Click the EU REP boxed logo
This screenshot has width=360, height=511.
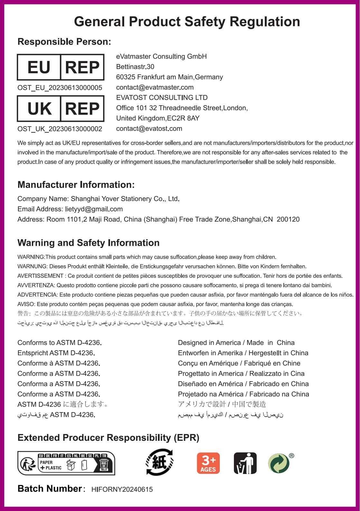pos(60,67)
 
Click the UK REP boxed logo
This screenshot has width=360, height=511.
pos(60,109)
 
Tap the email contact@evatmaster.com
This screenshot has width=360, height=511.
pos(155,87)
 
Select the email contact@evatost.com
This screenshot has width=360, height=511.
pos(149,128)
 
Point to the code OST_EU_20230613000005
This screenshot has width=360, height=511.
pos(60,88)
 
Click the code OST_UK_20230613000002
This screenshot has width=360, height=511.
pos(60,129)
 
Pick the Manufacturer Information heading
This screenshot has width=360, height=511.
pos(76,185)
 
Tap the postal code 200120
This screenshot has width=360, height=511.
pos(288,219)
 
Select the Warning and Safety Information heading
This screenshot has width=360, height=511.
pos(88,242)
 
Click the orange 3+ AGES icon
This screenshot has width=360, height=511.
pos(208,463)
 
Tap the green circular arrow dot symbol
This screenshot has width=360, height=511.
pos(279,463)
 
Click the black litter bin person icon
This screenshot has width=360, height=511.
pos(245,463)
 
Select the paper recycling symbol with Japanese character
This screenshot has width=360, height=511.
pos(160,462)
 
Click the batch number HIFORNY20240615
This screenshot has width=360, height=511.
pos(122,489)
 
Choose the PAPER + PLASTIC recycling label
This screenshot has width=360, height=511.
pos(66,463)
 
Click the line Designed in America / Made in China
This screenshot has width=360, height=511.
pos(236,343)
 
